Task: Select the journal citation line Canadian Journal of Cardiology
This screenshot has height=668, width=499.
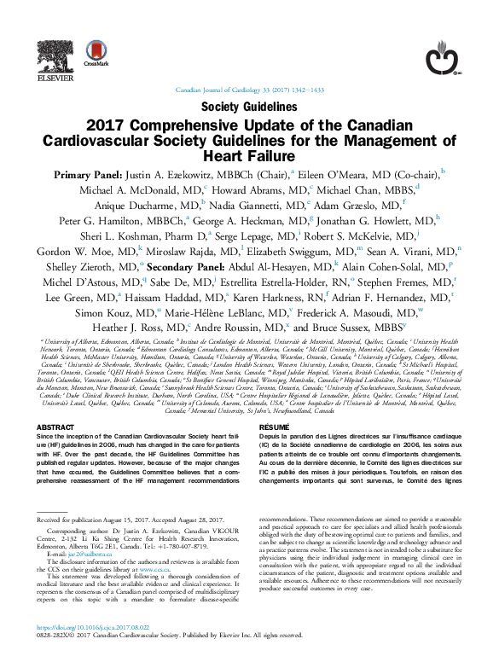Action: pyautogui.click(x=249, y=90)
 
